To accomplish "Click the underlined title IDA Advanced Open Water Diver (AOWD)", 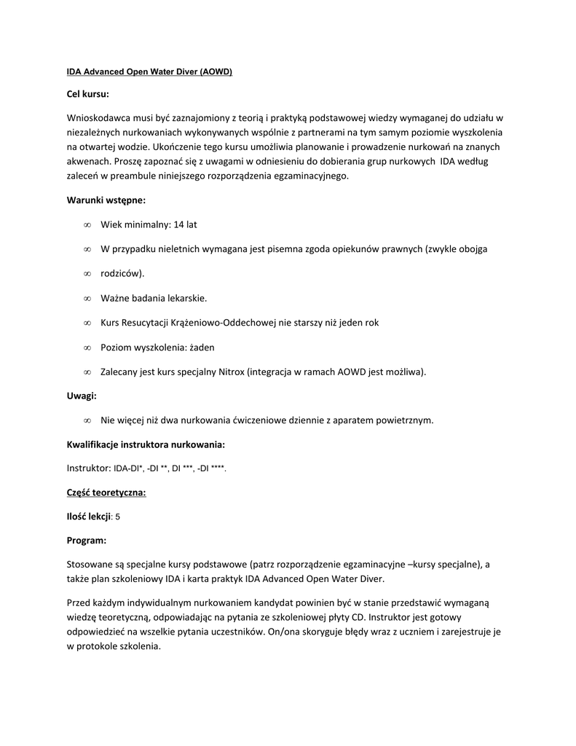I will pos(149,72).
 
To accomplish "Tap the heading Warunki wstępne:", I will pos(106,200).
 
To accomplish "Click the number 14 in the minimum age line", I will pos(180,224).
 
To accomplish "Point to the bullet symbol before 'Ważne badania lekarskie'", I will pos(87,298).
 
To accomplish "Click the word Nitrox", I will pos(231,372).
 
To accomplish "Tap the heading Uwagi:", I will pos(82,396).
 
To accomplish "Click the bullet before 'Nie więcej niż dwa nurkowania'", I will pos(87,420).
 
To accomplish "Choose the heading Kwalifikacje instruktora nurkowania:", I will pos(146,444).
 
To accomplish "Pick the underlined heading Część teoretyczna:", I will pos(106,492).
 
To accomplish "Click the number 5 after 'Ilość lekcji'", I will pos(118,517).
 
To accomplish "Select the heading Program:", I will pos(87,540).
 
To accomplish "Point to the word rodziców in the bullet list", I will pos(121,273).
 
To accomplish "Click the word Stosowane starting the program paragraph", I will pos(91,564).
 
